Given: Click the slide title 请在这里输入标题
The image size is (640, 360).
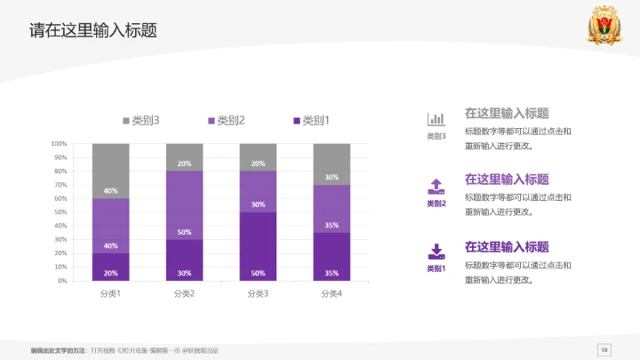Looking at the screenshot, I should pos(93,30).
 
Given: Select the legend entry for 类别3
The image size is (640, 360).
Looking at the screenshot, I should pos(141,121).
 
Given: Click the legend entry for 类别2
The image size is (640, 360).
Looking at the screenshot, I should pos(227,121).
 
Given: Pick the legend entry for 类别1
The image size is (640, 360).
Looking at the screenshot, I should pos(311,121).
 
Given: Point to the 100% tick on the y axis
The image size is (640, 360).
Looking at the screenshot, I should pos(60,143).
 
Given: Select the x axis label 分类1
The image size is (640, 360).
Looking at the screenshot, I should pos(110,293).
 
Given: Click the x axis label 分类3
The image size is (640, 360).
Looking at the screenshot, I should pos(258,293).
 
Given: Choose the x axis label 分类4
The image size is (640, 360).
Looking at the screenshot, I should pos(332,293).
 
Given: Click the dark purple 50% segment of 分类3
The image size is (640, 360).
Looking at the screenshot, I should pos(258,247).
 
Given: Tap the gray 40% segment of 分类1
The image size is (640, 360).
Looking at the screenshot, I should pos(110,171).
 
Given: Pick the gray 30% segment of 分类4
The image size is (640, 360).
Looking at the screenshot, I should pos(332,164).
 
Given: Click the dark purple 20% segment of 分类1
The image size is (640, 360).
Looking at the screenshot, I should pos(110,267).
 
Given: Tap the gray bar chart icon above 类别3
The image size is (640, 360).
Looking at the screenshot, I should pos(436,118).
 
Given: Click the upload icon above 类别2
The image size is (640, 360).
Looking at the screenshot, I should pos(436,186).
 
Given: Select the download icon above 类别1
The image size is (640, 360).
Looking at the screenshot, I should pos(436,251).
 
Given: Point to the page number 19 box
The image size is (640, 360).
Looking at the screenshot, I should pos(604,349).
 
